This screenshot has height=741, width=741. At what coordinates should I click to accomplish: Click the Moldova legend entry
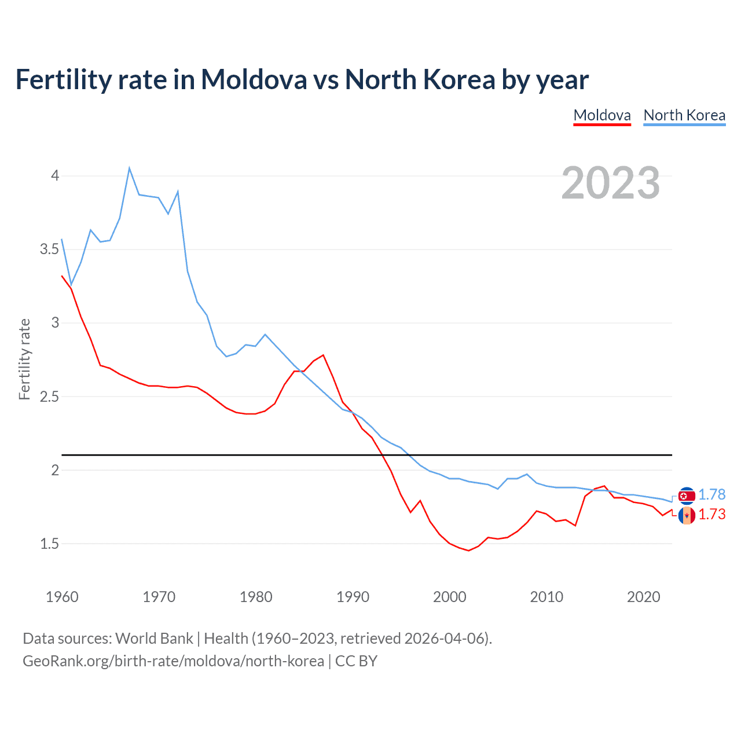[602, 115]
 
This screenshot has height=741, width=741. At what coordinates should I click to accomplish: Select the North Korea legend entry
[684, 115]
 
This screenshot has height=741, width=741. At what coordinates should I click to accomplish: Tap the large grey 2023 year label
[610, 183]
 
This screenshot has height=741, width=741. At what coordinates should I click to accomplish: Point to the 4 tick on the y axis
[56, 175]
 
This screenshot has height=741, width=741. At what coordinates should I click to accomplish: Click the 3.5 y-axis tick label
[50, 250]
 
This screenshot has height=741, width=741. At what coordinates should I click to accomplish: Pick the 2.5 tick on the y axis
[50, 397]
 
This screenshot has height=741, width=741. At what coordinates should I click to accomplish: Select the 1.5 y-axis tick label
[50, 544]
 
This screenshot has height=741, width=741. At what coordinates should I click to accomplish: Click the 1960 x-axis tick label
[62, 597]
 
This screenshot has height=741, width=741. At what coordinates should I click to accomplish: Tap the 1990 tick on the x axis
[353, 597]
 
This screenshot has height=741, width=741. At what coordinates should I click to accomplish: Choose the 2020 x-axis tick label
[643, 597]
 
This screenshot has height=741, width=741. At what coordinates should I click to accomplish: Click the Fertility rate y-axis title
[24, 359]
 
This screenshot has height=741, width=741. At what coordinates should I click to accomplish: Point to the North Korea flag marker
[687, 496]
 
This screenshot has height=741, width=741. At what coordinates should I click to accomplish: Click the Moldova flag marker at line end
[687, 515]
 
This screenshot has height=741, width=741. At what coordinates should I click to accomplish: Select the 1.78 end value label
[711, 494]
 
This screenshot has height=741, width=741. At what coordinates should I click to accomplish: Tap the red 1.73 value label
[711, 514]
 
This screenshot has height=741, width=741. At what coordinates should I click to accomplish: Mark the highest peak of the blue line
[129, 168]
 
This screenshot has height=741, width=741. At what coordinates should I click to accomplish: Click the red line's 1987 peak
[323, 355]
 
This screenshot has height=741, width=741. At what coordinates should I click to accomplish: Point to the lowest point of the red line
[468, 551]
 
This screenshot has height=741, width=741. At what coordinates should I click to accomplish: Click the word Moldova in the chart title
[254, 79]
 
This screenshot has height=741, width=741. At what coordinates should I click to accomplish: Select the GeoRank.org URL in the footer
[173, 661]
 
